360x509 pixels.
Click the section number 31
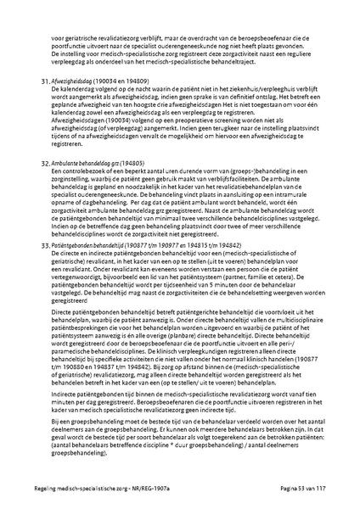tap(45, 83)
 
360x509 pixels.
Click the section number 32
tap(45, 161)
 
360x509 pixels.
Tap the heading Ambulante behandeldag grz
tap(86, 161)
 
